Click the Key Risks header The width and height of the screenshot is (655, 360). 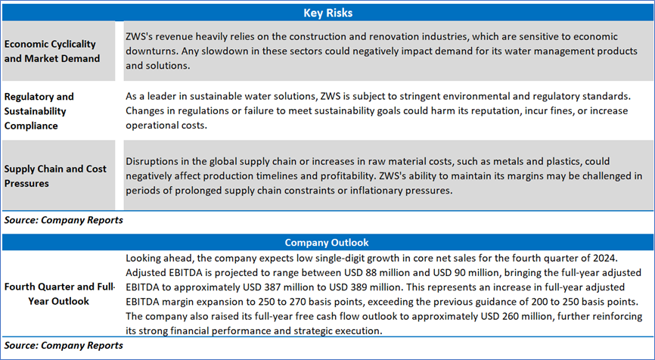(x=327, y=13)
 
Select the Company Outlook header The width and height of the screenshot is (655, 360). (x=327, y=243)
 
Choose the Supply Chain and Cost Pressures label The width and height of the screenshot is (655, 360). (x=56, y=175)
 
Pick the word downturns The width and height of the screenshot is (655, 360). (x=153, y=51)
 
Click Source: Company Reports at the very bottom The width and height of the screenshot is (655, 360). (x=63, y=345)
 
